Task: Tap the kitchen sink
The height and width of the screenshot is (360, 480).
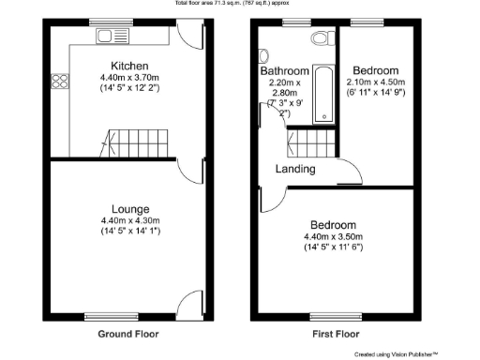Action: (116, 37)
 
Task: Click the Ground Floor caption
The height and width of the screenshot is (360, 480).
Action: (128, 334)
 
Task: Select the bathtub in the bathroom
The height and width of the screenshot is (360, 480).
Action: (324, 94)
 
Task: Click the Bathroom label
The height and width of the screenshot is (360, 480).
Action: (285, 71)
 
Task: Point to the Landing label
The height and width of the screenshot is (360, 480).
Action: (294, 170)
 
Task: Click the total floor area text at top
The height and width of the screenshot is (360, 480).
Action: (240, 4)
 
